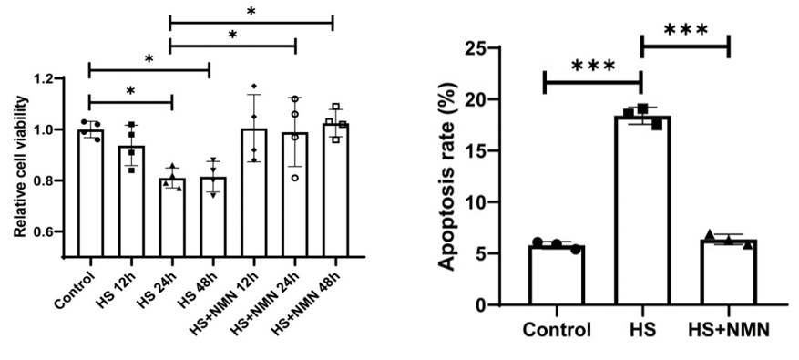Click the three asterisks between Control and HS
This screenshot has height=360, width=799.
(591, 66)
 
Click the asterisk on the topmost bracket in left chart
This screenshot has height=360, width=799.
(250, 11)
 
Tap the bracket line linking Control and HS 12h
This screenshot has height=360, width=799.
(129, 101)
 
